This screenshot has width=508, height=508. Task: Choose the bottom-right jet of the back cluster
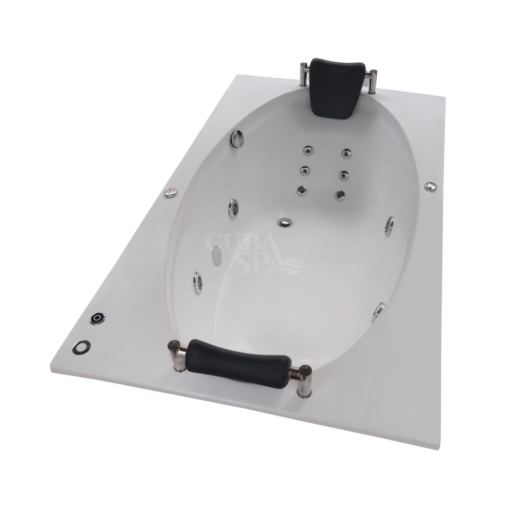[x=339, y=194]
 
